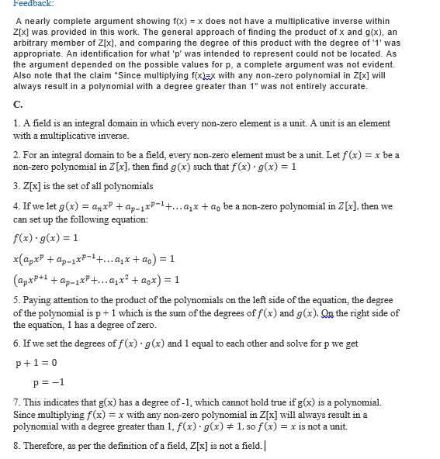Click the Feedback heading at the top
23,4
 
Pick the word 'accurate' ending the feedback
348,86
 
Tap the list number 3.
17,186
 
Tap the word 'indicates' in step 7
60,403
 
